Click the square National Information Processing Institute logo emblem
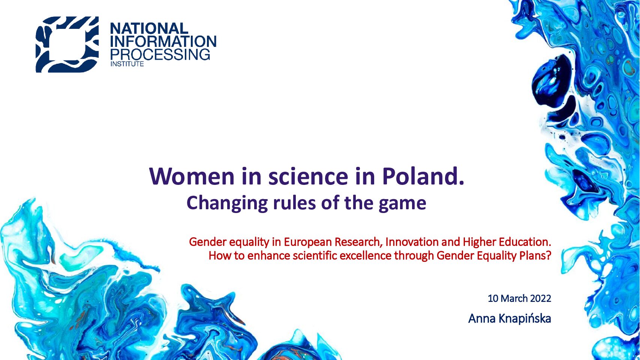(x=67, y=44)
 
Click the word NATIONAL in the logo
(x=149, y=28)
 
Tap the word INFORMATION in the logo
(x=163, y=41)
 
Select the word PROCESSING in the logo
(x=160, y=54)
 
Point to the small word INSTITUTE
(x=127, y=64)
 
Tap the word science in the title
(x=308, y=176)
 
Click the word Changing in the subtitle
(x=227, y=203)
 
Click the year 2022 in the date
(x=541, y=298)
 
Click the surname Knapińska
(x=525, y=319)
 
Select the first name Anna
(x=482, y=319)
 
